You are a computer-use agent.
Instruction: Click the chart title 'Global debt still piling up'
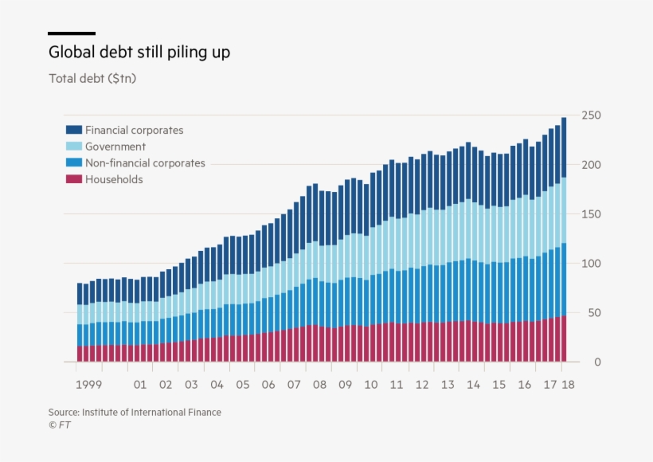pyautogui.click(x=139, y=53)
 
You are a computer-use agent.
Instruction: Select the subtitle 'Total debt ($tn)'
pyautogui.click(x=98, y=79)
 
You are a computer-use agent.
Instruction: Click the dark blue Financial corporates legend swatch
pyautogui.click(x=73, y=130)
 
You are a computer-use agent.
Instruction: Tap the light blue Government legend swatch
pyautogui.click(x=73, y=147)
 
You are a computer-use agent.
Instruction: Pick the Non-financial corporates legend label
pyautogui.click(x=145, y=163)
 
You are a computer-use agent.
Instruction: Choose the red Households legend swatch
pyautogui.click(x=73, y=180)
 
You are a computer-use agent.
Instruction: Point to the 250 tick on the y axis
pyautogui.click(x=590, y=115)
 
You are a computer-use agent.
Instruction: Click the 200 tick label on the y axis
pyautogui.click(x=590, y=165)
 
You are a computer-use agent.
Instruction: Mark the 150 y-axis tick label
pyautogui.click(x=590, y=214)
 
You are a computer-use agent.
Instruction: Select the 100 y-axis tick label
pyautogui.click(x=590, y=264)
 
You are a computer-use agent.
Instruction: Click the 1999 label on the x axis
pyautogui.click(x=88, y=385)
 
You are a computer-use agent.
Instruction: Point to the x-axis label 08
pyautogui.click(x=319, y=385)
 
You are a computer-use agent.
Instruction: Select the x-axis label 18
pyautogui.click(x=567, y=385)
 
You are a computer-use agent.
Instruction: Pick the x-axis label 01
pyautogui.click(x=140, y=385)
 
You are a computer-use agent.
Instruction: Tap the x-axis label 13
pyautogui.click(x=448, y=385)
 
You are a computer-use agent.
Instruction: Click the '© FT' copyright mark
pyautogui.click(x=60, y=425)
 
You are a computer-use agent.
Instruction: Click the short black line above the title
pyautogui.click(x=72, y=33)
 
